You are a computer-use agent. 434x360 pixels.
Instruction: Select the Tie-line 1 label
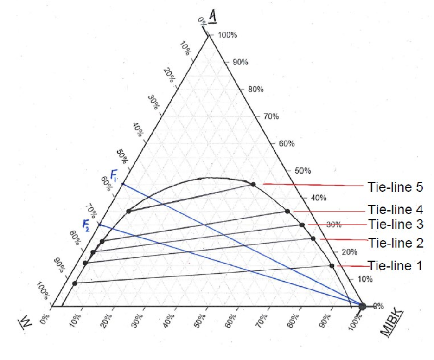pyautogui.click(x=395, y=266)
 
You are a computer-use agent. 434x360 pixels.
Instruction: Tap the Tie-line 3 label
pyautogui.click(x=395, y=225)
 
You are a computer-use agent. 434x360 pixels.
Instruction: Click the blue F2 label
pyautogui.click(x=87, y=225)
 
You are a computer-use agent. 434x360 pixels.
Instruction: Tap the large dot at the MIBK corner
pyautogui.click(x=363, y=306)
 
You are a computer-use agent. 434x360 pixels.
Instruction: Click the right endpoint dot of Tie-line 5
pyautogui.click(x=253, y=184)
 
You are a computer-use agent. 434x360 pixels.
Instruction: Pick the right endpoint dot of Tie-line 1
pyautogui.click(x=332, y=266)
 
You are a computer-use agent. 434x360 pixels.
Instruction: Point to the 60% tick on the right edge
pyautogui.click(x=287, y=143)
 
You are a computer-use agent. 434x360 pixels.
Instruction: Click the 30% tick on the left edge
pyautogui.click(x=153, y=102)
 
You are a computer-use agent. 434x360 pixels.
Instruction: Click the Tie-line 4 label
pyautogui.click(x=395, y=210)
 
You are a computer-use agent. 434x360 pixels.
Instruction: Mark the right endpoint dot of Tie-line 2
pyautogui.click(x=313, y=238)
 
